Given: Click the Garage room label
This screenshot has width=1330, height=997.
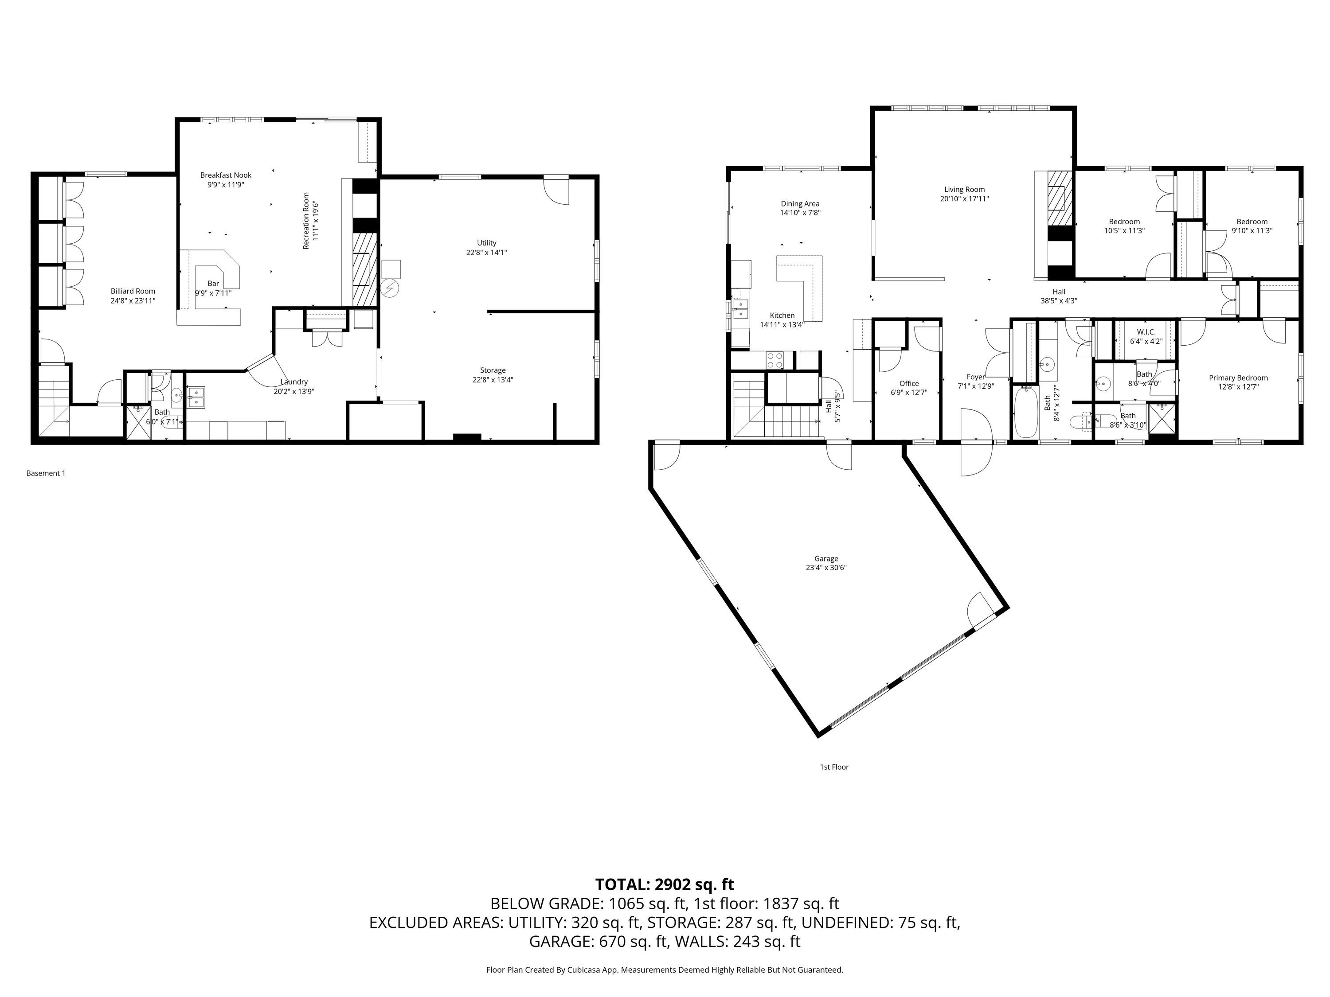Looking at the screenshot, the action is pyautogui.click(x=826, y=558).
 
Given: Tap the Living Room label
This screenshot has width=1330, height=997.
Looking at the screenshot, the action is pyautogui.click(x=964, y=189).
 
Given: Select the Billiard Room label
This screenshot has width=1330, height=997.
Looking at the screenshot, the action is pyautogui.click(x=133, y=291).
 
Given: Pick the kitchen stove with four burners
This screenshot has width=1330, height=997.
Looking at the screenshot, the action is pyautogui.click(x=775, y=360).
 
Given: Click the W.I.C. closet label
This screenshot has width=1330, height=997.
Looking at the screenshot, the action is pyautogui.click(x=1146, y=332).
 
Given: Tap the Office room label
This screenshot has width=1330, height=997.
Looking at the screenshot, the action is pyautogui.click(x=909, y=383).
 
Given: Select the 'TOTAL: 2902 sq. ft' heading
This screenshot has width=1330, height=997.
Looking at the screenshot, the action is pyautogui.click(x=665, y=884).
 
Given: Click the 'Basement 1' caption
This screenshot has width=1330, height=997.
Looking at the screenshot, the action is pyautogui.click(x=46, y=473).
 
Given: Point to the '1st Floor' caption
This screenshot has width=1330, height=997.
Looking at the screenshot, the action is pyautogui.click(x=834, y=767).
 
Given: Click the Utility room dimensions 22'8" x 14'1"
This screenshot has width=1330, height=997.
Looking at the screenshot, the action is pyautogui.click(x=486, y=253).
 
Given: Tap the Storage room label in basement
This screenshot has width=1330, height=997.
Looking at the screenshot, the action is pyautogui.click(x=493, y=370).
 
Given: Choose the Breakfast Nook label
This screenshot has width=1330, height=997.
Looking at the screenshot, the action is pyautogui.click(x=226, y=175).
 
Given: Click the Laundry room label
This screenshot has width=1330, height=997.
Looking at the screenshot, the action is pyautogui.click(x=294, y=382).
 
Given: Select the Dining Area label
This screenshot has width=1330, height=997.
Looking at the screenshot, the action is pyautogui.click(x=800, y=204).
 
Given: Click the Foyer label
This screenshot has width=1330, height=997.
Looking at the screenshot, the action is pyautogui.click(x=975, y=377).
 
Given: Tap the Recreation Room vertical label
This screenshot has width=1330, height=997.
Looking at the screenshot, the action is pyautogui.click(x=306, y=221).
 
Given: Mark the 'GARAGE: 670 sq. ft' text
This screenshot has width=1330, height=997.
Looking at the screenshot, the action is pyautogui.click(x=598, y=941).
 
